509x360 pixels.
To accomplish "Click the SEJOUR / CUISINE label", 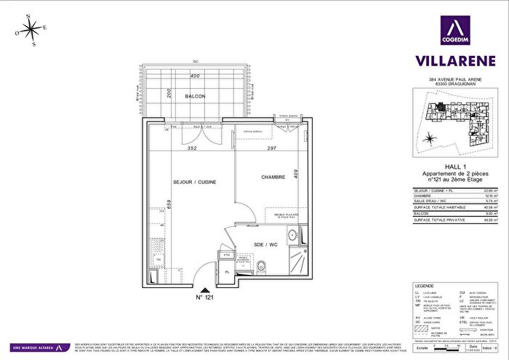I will [x=195, y=181].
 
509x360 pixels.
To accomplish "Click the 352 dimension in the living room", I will [x=192, y=149].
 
